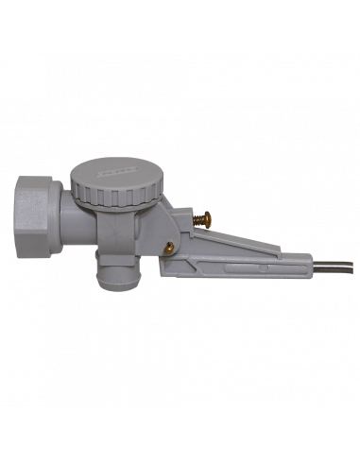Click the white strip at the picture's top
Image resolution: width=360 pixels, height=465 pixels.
[x=180, y=24]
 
